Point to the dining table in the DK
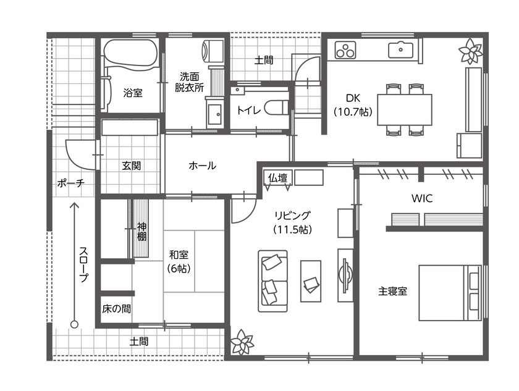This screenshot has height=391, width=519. click(404, 110)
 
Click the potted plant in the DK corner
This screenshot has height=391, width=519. click(471, 52)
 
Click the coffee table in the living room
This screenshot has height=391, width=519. click(311, 281)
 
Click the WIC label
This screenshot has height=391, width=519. click(421, 199)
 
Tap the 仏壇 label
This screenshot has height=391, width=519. click(277, 178)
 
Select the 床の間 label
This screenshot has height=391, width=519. click(116, 308)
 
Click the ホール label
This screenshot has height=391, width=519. click(202, 166)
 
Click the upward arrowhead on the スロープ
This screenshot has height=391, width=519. click(74, 205)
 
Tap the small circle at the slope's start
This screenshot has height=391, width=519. click(74, 324)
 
